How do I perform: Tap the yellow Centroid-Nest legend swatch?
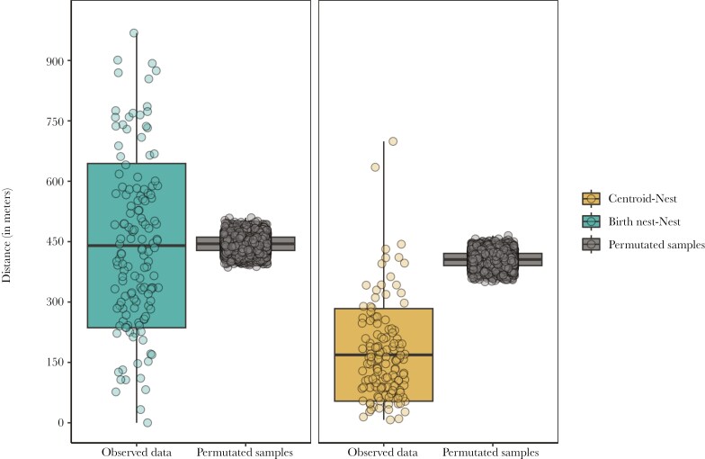(591, 199)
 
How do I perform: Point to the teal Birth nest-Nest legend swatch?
(591, 221)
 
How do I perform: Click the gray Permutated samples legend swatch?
(591, 243)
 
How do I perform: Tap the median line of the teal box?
(137, 245)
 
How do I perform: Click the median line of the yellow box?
(384, 355)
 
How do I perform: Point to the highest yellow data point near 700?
(393, 141)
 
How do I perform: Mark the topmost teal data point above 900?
(134, 33)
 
